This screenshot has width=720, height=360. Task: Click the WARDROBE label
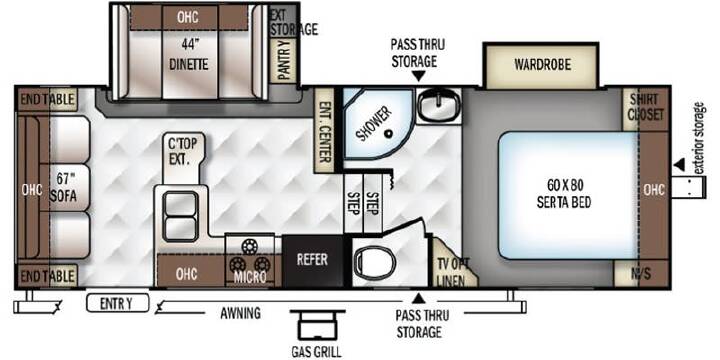pyautogui.click(x=542, y=65)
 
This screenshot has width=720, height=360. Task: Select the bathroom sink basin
pyautogui.click(x=439, y=105)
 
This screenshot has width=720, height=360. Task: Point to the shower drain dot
pyautogui.click(x=389, y=134)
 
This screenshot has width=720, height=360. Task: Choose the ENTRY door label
pyautogui.click(x=118, y=303)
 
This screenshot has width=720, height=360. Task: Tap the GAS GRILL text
pyautogui.click(x=316, y=352)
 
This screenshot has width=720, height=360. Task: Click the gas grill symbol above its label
pyautogui.click(x=316, y=325)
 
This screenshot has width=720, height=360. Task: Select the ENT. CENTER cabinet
pyautogui.click(x=324, y=130)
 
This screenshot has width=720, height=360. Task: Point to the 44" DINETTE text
pyautogui.click(x=189, y=55)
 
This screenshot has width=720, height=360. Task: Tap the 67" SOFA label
pyautogui.click(x=63, y=188)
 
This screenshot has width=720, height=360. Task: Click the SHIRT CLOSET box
pyautogui.click(x=647, y=108)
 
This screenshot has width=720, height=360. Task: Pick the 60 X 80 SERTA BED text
pyautogui.click(x=565, y=193)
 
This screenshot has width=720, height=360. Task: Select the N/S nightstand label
pyautogui.click(x=641, y=274)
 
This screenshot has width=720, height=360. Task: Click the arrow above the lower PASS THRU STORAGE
pyautogui.click(x=418, y=299)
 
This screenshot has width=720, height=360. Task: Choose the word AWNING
pyautogui.click(x=241, y=313)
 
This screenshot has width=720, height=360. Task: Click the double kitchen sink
pyautogui.click(x=181, y=217)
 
